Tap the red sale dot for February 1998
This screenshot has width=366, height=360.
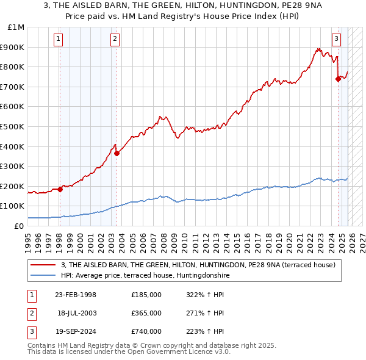[x=60, y=189]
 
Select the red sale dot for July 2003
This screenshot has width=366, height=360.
[x=117, y=153]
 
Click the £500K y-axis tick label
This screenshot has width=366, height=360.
[x=13, y=127]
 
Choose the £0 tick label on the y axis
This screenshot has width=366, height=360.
[x=20, y=226]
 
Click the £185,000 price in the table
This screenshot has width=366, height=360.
[x=146, y=295]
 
